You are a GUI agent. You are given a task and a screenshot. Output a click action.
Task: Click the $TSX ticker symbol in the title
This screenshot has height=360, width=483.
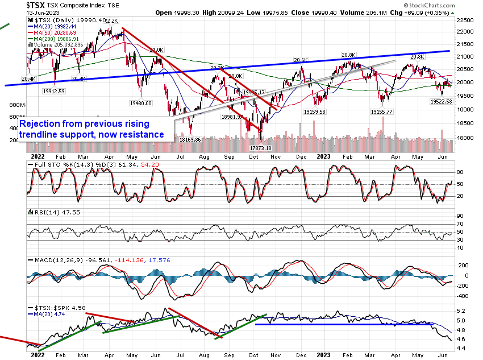pyautogui.click(x=36, y=4)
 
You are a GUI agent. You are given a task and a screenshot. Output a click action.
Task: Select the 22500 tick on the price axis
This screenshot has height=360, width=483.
pyautogui.click(x=467, y=19)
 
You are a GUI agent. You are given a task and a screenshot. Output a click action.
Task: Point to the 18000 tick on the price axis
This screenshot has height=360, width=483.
pyautogui.click(x=467, y=137)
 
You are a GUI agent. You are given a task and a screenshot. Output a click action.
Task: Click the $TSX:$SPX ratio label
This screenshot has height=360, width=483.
pyautogui.click(x=51, y=308)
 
